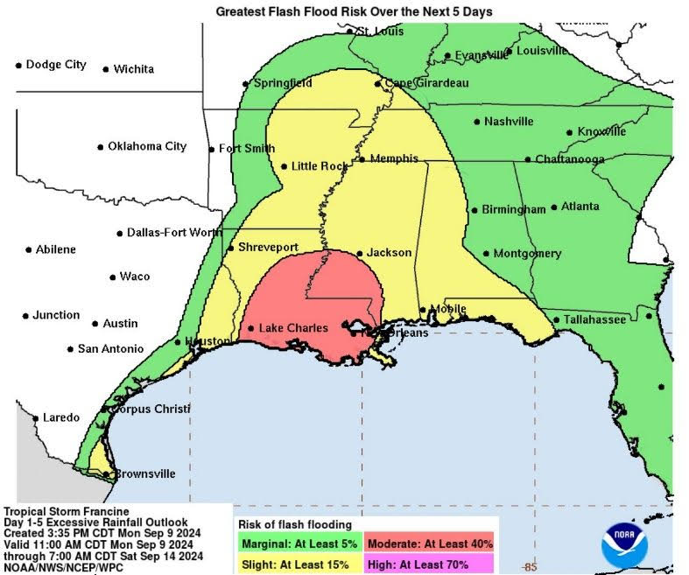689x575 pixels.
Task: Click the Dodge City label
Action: tap(56, 65)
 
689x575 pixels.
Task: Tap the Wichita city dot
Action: tap(106, 69)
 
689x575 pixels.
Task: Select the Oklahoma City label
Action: tap(147, 146)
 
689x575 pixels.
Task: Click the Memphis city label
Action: tap(394, 158)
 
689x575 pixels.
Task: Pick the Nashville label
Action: tap(509, 122)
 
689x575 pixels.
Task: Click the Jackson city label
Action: tap(389, 253)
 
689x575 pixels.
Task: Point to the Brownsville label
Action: tap(145, 473)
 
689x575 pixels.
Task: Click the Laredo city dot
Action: tap(36, 418)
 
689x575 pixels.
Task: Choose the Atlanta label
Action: tap(580, 207)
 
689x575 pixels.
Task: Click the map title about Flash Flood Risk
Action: tap(354, 11)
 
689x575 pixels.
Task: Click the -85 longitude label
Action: tap(530, 568)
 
